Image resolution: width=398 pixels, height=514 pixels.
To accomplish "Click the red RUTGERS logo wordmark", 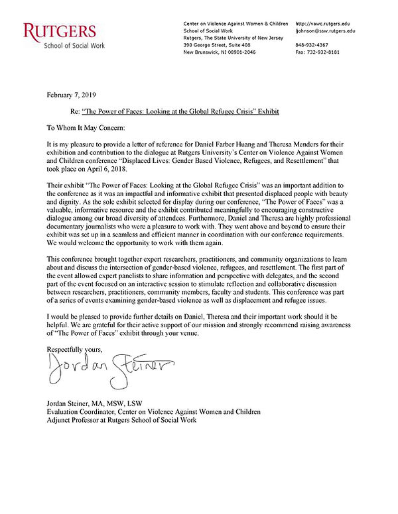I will [60, 32].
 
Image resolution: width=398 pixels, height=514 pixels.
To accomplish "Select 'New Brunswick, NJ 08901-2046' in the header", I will [219, 52].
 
